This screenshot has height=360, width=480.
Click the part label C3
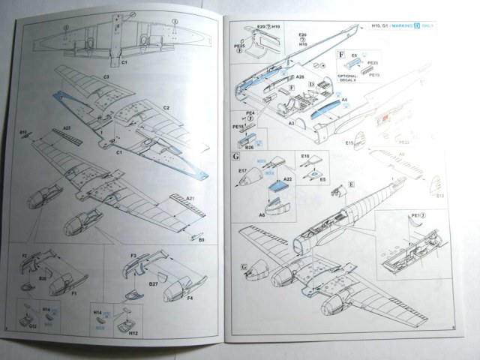point(105,79)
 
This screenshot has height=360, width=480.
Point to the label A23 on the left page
point(67,127)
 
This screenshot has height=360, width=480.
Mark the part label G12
point(33,326)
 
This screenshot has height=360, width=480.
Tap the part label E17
point(243,170)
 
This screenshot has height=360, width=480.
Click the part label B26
point(250,147)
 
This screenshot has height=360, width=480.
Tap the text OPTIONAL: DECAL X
point(349,77)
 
